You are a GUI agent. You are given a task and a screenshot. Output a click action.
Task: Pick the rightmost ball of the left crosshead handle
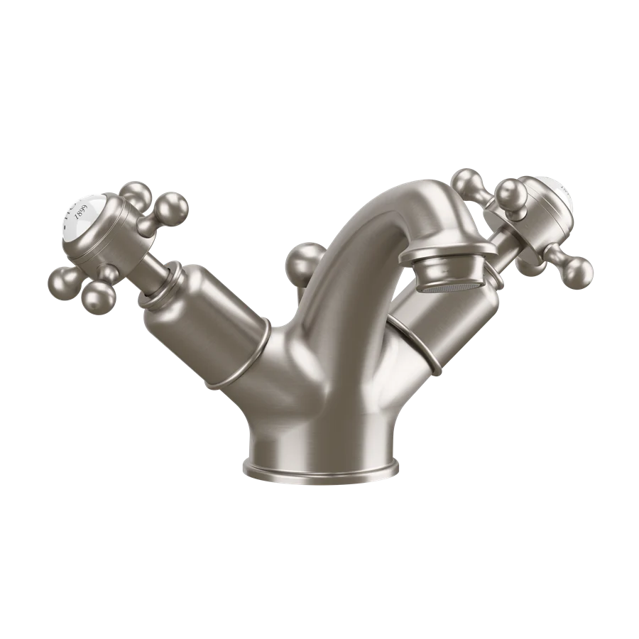[x=175, y=207]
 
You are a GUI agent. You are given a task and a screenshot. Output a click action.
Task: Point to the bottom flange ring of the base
[x=319, y=469]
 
